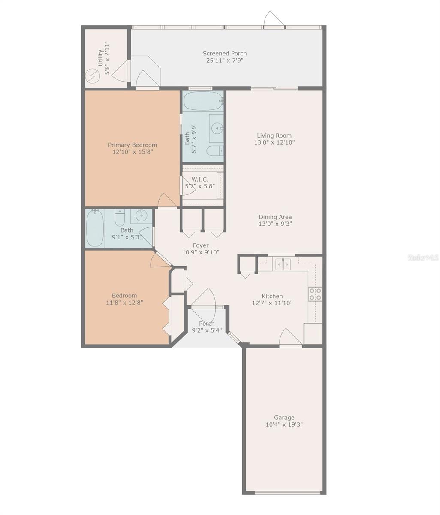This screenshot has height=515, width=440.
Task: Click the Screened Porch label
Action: coord(225,54)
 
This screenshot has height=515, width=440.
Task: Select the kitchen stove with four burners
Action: coord(315,294)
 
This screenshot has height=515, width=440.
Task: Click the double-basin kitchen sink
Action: coord(283,264)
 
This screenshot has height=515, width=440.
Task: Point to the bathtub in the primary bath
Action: coord(203,101)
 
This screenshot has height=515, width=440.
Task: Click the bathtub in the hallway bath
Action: coord(95,228)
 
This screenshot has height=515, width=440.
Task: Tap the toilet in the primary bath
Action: coord(214,151)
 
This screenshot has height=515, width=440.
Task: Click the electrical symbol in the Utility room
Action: coord(92,76)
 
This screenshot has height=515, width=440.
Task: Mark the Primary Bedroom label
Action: coord(132,145)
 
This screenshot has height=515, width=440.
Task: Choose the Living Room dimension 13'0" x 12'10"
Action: coord(274,142)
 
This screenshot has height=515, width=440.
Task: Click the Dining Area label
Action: coord(275,217)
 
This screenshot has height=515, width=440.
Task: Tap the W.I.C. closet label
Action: coord(200,179)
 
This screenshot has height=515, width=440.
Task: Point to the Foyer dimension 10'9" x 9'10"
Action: coord(201,252)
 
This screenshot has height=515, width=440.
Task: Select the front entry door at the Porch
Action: coord(203,300)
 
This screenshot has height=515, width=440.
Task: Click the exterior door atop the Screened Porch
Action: coord(274,21)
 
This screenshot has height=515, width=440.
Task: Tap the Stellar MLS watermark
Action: coord(423,257)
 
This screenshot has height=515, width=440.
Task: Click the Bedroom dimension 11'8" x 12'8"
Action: coord(124,302)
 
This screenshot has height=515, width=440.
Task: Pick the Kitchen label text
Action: coord(272,296)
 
